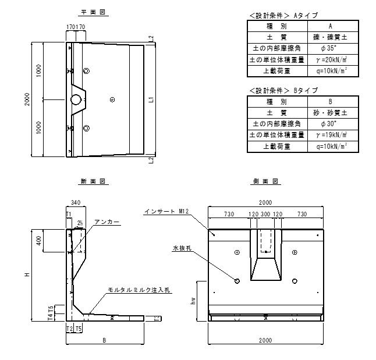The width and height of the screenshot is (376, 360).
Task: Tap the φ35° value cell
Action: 330,49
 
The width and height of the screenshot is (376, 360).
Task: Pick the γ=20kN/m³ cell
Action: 330,60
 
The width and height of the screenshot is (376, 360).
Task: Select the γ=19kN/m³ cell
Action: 330,136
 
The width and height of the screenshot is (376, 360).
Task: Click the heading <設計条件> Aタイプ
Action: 282,15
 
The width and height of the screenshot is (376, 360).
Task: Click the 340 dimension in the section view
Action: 74,203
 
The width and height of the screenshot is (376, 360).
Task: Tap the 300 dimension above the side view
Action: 265,215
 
